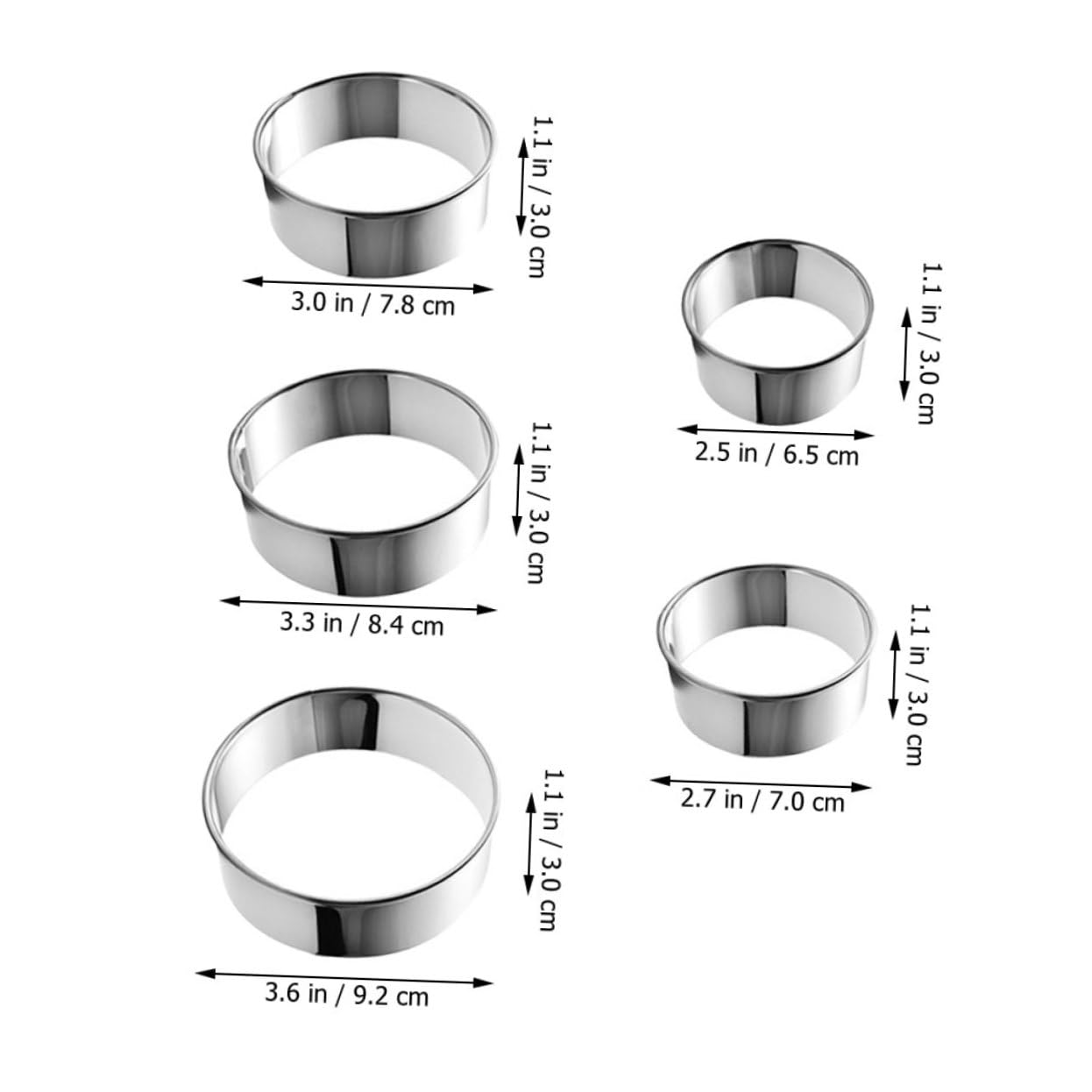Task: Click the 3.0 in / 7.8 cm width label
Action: [373, 305]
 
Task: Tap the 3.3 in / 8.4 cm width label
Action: [362, 624]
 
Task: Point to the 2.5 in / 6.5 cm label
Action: [777, 454]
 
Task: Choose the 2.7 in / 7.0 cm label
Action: [762, 800]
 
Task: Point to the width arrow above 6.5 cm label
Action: [776, 432]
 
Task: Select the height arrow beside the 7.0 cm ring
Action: [895, 672]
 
